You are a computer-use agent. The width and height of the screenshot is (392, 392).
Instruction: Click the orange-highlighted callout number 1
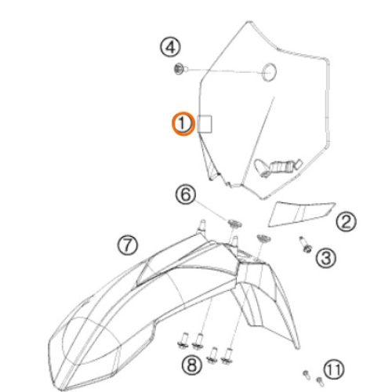click(183, 124)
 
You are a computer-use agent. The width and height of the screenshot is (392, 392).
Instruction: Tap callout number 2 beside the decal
click(346, 222)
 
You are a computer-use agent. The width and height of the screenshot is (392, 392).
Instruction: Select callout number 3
click(326, 258)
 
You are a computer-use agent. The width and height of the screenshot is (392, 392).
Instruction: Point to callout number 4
click(170, 47)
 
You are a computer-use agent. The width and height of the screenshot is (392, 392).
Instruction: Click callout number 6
click(186, 194)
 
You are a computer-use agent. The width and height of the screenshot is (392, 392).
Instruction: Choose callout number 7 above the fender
click(127, 245)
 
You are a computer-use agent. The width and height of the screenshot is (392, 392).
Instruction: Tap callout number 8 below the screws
click(192, 365)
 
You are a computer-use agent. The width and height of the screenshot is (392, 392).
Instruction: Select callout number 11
click(334, 369)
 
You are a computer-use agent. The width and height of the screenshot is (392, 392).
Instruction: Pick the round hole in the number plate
click(269, 72)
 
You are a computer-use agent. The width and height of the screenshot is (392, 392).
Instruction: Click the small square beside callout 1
click(205, 124)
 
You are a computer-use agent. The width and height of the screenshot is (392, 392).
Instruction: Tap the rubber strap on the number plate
click(278, 166)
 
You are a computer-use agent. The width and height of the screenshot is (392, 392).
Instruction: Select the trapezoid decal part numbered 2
click(300, 212)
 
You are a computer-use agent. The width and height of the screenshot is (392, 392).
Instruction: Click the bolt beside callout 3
click(305, 245)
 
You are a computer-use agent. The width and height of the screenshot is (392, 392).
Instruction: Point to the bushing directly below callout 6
click(234, 224)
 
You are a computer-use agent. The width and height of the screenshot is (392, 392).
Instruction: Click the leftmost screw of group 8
click(184, 340)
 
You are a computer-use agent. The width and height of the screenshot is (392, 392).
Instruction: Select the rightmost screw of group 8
click(227, 356)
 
